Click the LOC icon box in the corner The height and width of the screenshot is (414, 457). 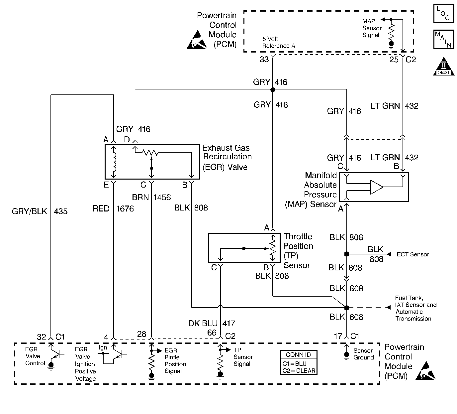(x=443, y=14)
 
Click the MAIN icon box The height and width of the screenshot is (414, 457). (x=444, y=40)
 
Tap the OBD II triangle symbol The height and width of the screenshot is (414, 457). (x=444, y=67)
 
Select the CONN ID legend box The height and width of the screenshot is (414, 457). (x=298, y=362)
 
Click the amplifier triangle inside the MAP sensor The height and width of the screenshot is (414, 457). (x=377, y=187)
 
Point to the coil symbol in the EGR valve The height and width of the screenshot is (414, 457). (x=114, y=162)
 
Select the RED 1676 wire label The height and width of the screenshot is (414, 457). (x=113, y=209)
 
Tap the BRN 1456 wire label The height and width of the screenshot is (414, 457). (x=151, y=198)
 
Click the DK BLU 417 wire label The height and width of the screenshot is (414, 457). (x=212, y=323)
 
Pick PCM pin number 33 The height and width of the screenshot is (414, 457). (x=264, y=60)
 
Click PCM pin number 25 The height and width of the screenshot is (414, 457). (x=394, y=60)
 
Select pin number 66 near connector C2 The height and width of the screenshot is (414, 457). (x=212, y=333)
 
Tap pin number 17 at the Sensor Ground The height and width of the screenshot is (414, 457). (x=338, y=337)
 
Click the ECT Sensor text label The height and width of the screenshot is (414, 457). (x=413, y=254)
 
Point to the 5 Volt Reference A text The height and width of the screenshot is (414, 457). (x=278, y=43)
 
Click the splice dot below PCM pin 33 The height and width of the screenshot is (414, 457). (x=273, y=90)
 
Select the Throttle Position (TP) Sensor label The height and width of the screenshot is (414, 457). (x=298, y=251)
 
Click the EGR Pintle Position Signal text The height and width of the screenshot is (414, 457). (x=175, y=361)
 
